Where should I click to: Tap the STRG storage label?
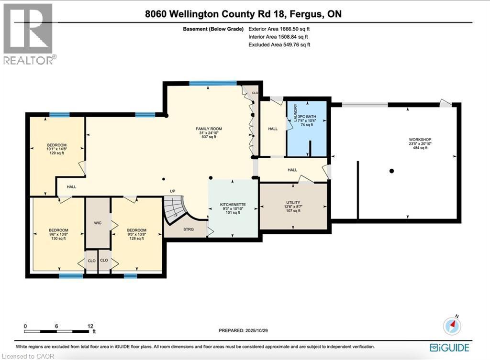188,229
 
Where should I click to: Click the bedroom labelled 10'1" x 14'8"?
56,149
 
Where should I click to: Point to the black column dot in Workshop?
391,171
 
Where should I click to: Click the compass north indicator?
453,325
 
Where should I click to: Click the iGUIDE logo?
449,348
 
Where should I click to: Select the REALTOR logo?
29,33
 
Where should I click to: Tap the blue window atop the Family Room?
213,83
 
